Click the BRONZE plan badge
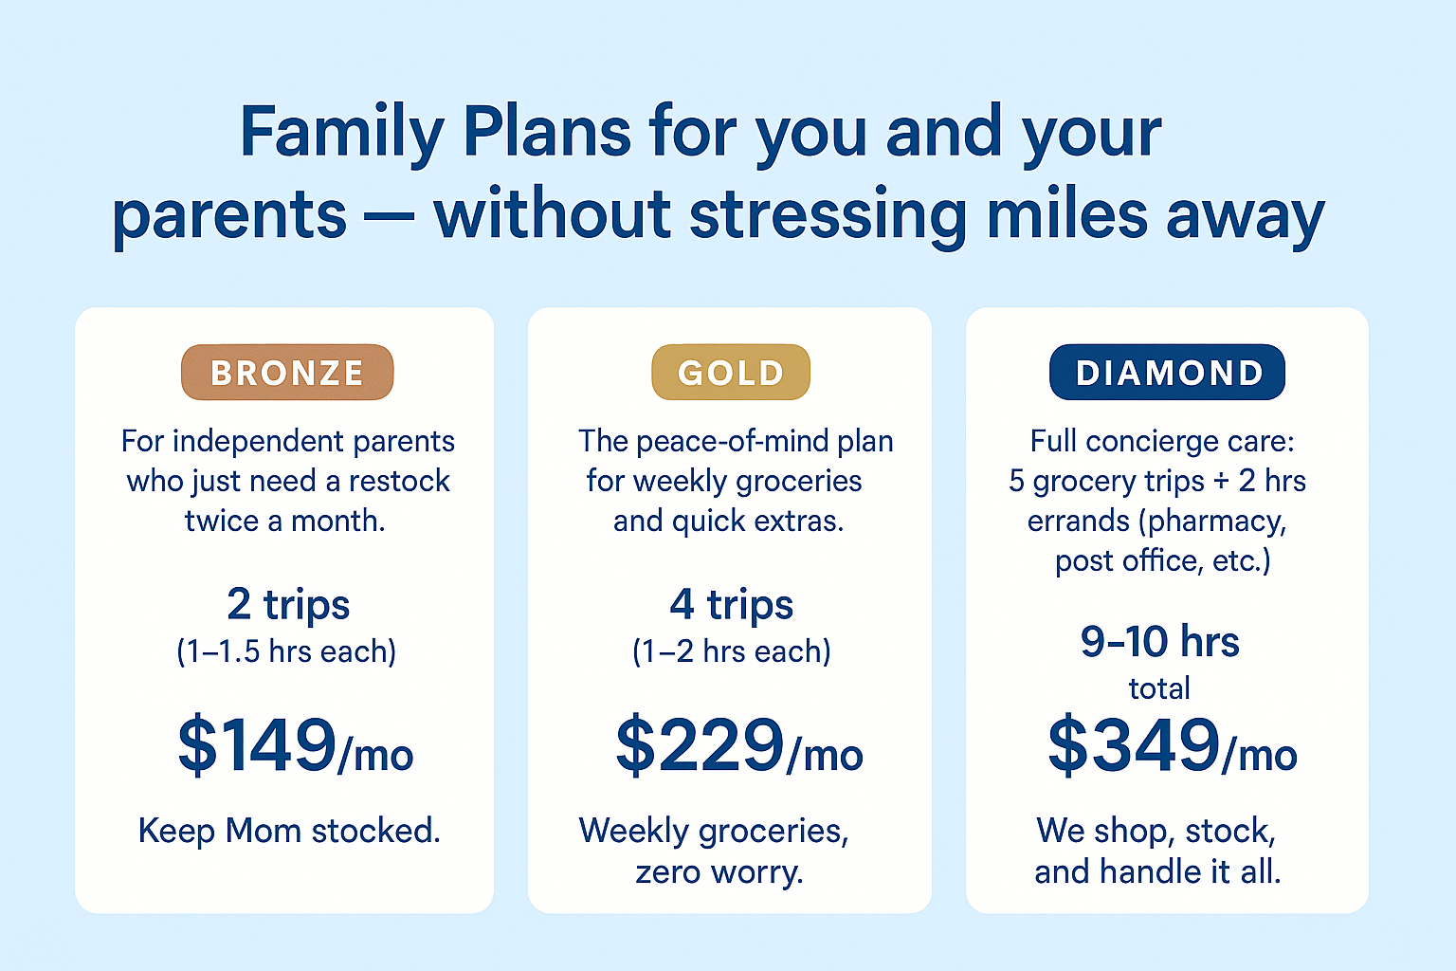(x=287, y=372)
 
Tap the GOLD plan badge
(x=731, y=372)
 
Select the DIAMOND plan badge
(x=1168, y=372)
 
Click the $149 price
(x=258, y=744)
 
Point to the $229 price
(x=701, y=744)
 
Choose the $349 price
(x=1134, y=744)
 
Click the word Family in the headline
(x=342, y=134)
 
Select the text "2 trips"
(x=288, y=604)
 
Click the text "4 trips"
(x=731, y=604)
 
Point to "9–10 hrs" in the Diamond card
(x=1159, y=641)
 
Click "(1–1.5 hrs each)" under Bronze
(x=286, y=651)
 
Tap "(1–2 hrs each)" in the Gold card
(x=731, y=651)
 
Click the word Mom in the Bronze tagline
(x=264, y=831)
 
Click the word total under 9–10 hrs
(x=1159, y=688)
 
